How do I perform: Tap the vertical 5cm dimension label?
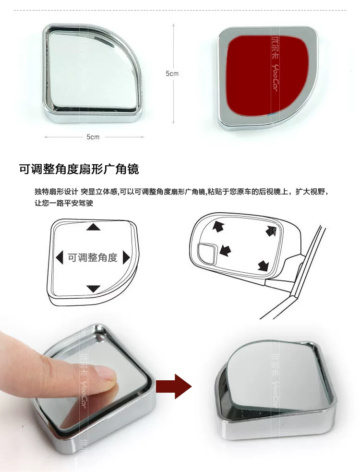172,73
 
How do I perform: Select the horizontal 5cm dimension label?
93,137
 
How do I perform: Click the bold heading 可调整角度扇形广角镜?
79,169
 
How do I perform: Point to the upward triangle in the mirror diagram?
93,227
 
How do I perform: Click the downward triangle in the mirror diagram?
93,289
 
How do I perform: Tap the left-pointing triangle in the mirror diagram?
60,257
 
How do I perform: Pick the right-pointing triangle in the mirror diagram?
126,257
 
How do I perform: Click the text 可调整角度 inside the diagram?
93,258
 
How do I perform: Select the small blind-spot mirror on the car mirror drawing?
206,253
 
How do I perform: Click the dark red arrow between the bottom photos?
174,387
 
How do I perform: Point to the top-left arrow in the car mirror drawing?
218,226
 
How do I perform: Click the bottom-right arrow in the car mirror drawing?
263,266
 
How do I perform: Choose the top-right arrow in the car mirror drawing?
271,231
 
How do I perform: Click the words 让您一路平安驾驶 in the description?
64,203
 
